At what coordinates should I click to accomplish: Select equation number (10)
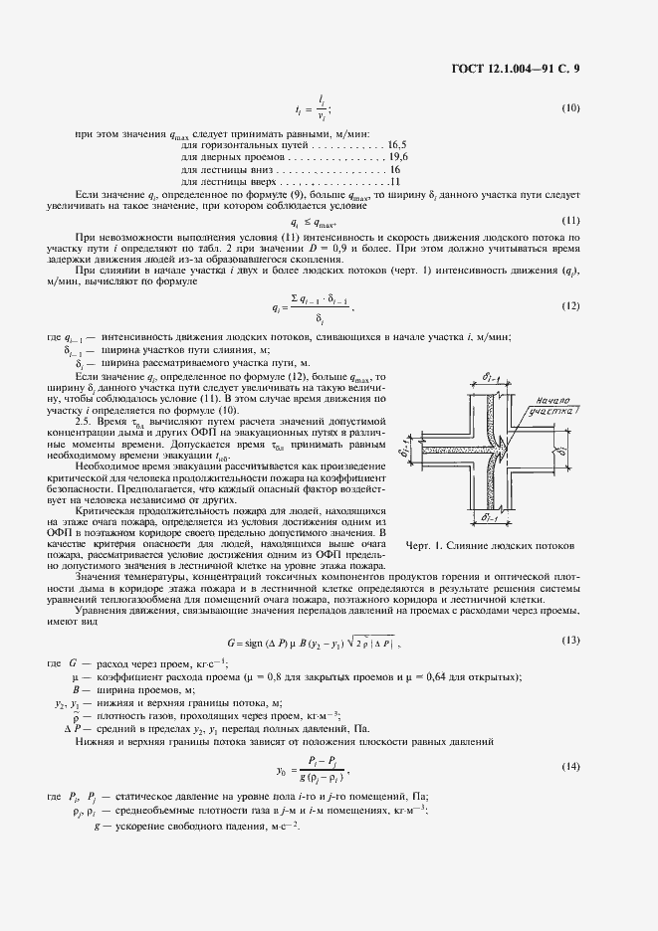click(570, 107)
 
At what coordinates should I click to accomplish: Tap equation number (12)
click(570, 305)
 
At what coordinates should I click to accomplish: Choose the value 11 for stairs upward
click(396, 183)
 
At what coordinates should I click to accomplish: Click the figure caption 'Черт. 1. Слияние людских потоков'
click(490, 546)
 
